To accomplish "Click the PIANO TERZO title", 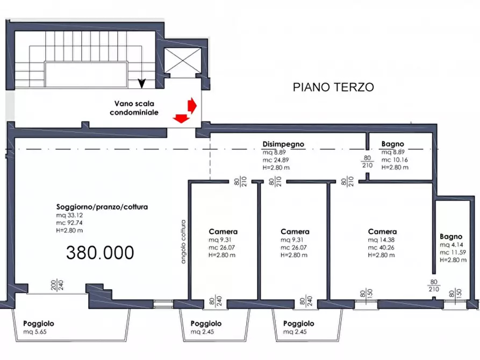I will click(333, 87).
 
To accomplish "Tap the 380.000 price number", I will click(100, 252).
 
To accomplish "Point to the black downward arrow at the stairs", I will click(142, 83).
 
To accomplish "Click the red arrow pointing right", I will click(191, 104).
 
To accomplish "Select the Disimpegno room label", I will click(283, 144).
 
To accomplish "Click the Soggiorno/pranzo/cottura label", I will click(102, 206).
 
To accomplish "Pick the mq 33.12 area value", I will click(69, 215).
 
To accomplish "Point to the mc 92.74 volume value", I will click(70, 223).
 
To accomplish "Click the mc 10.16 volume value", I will click(394, 160).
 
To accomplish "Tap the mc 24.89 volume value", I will click(275, 160).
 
